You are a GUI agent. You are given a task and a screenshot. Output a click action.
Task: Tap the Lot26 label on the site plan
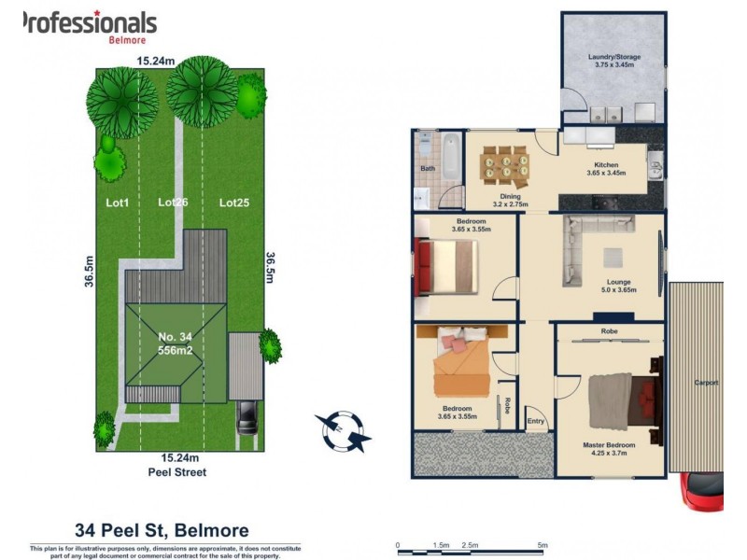173,203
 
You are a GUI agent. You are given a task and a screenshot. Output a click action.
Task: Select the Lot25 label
234,203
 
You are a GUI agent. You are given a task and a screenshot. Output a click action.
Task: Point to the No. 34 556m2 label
176,343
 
